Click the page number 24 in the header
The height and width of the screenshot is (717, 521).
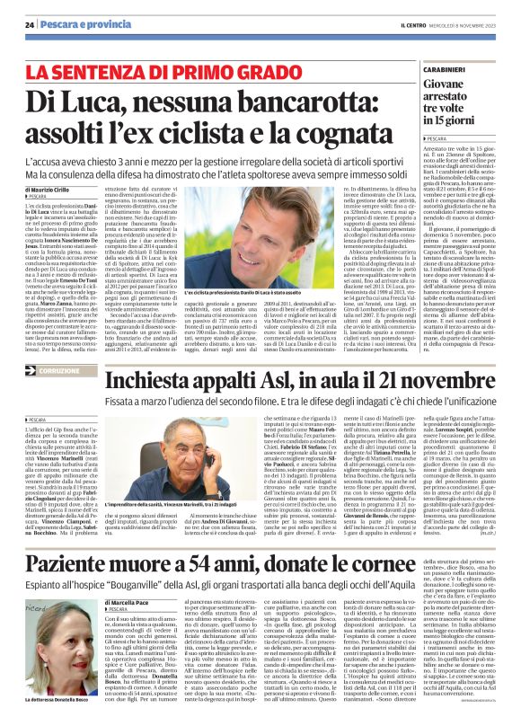30,24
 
